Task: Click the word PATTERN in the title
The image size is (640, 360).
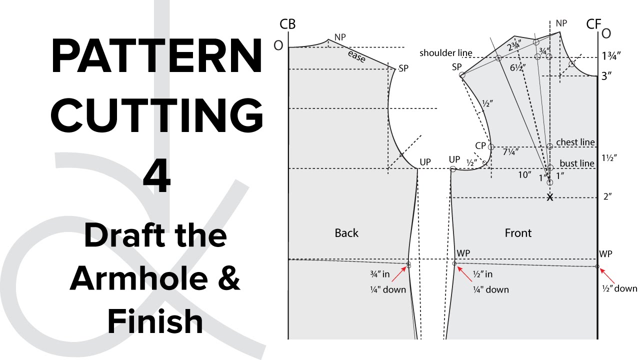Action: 156,56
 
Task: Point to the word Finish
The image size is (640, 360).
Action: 155,321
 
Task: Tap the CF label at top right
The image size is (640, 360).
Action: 593,24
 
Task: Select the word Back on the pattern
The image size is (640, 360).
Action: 346,232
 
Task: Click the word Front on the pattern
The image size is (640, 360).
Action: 518,232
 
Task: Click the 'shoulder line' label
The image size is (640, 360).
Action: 445,53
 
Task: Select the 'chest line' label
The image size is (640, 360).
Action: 575,142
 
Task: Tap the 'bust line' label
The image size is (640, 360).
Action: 576,163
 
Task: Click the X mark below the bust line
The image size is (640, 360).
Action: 550,197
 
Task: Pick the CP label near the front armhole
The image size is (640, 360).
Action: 480,145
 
